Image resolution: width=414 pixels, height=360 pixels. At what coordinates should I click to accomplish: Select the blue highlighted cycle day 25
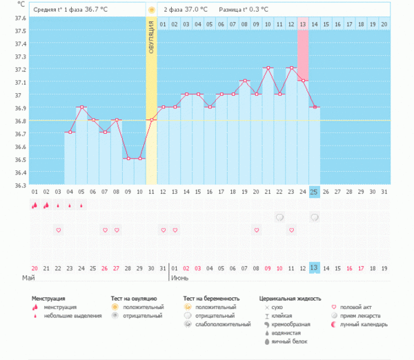(x=314, y=191)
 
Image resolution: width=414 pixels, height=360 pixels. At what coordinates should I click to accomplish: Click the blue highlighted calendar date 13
(x=314, y=268)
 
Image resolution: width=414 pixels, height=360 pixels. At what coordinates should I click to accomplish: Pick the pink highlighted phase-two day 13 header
(x=303, y=24)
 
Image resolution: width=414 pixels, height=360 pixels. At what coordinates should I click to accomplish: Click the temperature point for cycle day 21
(x=268, y=68)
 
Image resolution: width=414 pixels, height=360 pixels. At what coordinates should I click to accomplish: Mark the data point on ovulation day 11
(x=151, y=120)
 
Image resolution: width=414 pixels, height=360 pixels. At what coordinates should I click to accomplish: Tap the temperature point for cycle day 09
(x=128, y=159)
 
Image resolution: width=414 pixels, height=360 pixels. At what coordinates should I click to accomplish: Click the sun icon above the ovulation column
(x=151, y=10)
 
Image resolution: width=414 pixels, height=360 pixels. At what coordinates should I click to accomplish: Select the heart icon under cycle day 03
(x=58, y=230)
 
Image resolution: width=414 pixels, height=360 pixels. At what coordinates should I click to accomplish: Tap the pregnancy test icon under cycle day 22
(x=279, y=217)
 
